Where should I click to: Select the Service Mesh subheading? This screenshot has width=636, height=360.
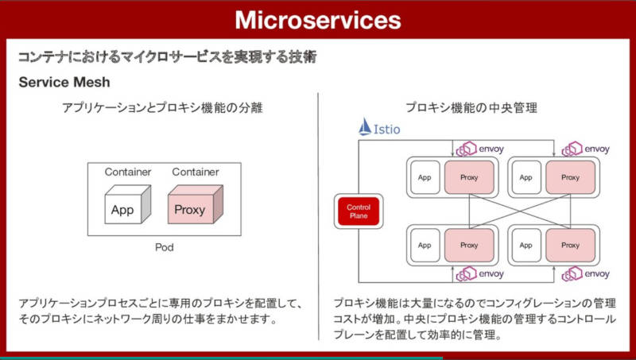tap(64, 82)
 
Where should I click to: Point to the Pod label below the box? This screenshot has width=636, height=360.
tap(163, 248)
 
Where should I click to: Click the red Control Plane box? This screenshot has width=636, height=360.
tap(359, 211)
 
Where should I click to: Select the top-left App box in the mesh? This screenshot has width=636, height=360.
tap(425, 177)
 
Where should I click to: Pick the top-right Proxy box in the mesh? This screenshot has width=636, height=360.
tap(570, 177)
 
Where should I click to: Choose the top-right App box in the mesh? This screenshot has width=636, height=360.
tap(526, 177)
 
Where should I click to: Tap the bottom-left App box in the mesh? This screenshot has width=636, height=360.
tap(425, 246)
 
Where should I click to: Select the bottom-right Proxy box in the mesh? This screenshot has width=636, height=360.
tap(570, 246)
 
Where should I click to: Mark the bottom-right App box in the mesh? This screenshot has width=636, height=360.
tap(526, 246)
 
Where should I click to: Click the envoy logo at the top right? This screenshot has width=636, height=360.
tap(586, 149)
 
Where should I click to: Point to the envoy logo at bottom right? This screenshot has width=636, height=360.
tap(586, 274)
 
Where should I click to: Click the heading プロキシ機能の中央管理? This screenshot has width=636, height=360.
tap(471, 108)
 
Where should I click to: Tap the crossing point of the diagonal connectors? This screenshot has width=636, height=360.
tap(497, 211)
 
